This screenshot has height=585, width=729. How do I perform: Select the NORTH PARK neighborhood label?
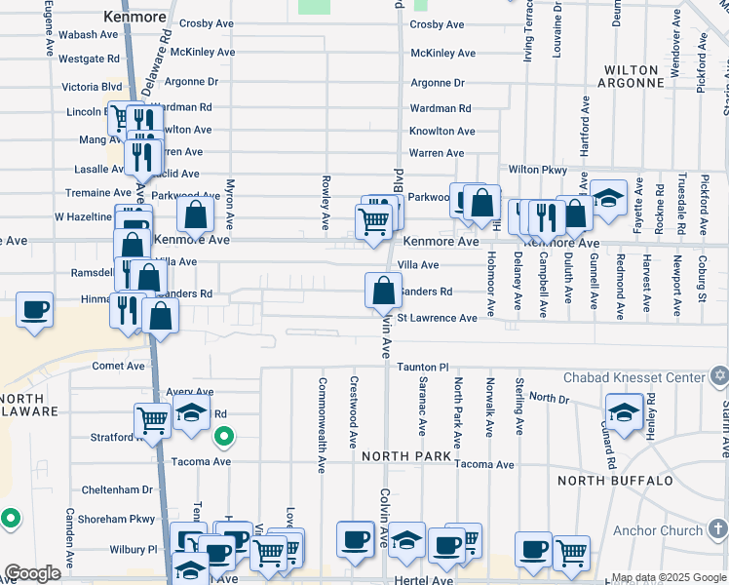coord(406,456)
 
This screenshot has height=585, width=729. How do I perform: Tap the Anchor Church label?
coord(658,531)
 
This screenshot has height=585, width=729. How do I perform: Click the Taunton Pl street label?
coord(422,368)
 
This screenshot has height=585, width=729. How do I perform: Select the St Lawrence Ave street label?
coord(438,318)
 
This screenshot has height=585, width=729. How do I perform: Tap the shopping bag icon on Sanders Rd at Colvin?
coord(384,291)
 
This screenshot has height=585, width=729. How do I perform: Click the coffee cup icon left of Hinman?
coord(35,310)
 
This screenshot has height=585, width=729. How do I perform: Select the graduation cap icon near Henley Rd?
coord(624,410)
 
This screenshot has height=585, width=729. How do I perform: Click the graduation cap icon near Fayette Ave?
coord(608,198)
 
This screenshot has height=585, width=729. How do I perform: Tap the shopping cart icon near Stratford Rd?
coord(152,421)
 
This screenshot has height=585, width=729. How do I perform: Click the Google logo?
coord(31,573)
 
